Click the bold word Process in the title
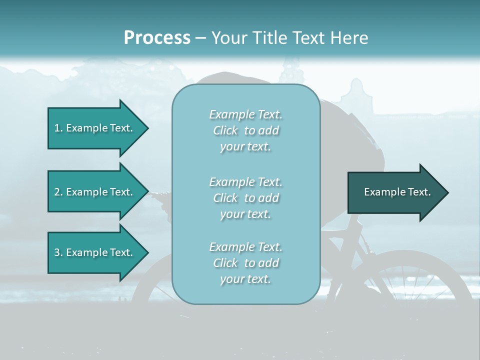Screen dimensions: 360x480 click(157, 38)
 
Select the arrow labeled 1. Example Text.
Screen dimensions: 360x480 click(95, 128)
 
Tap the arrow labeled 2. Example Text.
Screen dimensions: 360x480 click(95, 192)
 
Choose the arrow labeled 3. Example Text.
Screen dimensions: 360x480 click(95, 253)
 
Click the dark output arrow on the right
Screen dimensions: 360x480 click(395, 192)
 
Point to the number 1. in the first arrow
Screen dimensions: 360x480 click(58, 128)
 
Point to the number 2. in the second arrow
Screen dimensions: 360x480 click(58, 192)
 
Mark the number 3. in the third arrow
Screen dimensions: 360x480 click(58, 253)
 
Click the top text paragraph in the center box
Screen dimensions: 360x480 click(245, 130)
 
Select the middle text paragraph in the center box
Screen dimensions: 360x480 click(245, 198)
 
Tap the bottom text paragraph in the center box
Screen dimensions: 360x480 click(245, 263)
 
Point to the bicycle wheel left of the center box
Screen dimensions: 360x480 click(150, 290)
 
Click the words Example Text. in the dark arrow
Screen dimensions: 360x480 click(397, 192)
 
